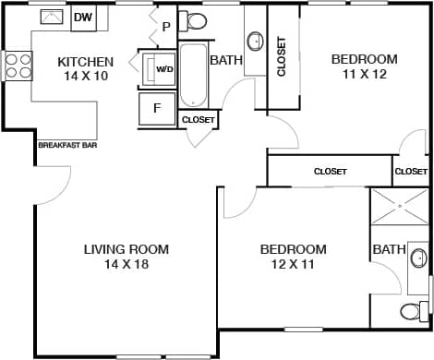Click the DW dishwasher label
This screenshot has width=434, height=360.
pos(83,18)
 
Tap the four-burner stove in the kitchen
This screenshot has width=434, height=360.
pos(18,66)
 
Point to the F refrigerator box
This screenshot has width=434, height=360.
pos(157,108)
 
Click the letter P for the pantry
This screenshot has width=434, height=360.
pos(166,27)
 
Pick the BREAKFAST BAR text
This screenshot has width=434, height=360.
pos(67,145)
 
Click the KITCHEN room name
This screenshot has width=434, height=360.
pos(86,62)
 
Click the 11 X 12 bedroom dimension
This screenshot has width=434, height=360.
pos(364,75)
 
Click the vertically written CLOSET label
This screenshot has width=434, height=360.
pos(282,57)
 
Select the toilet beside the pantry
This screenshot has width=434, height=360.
pos(196,20)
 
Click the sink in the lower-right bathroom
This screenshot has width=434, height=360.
pos(418,258)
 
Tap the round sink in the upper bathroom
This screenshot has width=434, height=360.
pos(255,42)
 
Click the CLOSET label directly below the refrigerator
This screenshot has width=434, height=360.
pos(199,120)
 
